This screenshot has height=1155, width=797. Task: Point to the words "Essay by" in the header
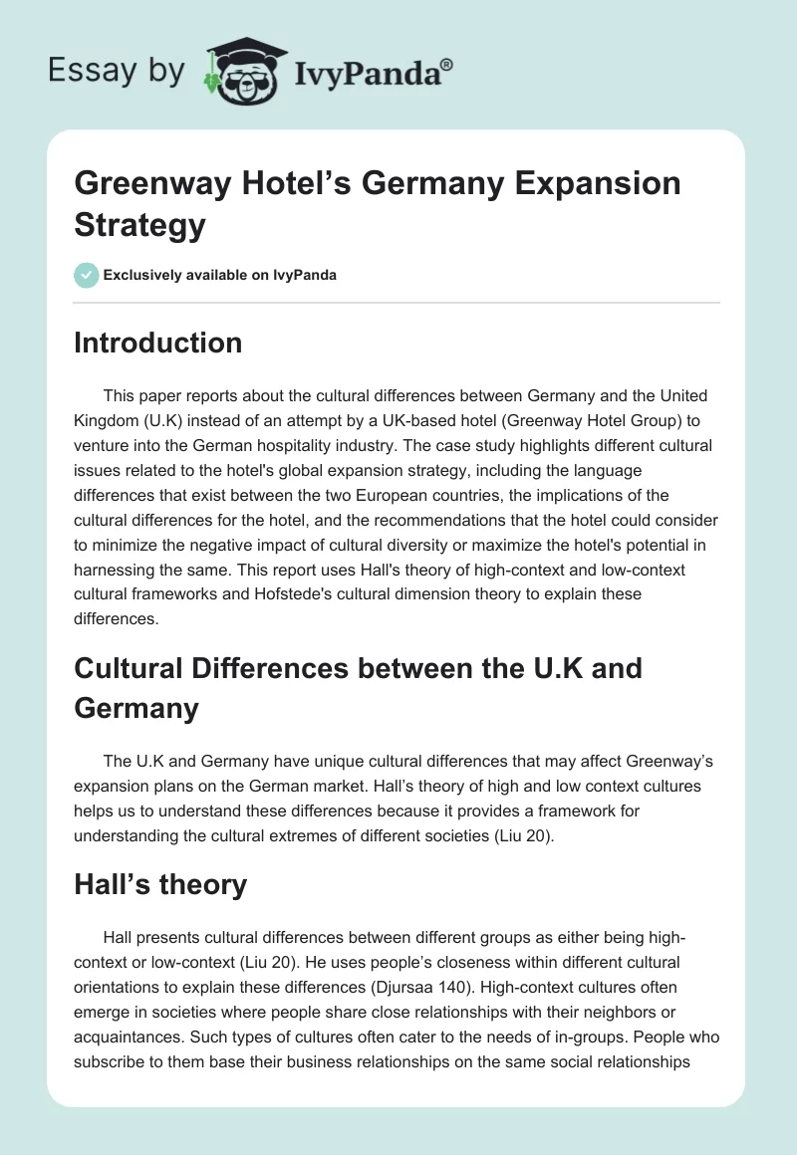click(118, 71)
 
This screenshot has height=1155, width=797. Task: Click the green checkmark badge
click(87, 275)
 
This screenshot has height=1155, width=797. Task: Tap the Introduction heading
click(158, 344)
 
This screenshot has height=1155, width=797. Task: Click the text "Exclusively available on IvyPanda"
click(220, 275)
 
